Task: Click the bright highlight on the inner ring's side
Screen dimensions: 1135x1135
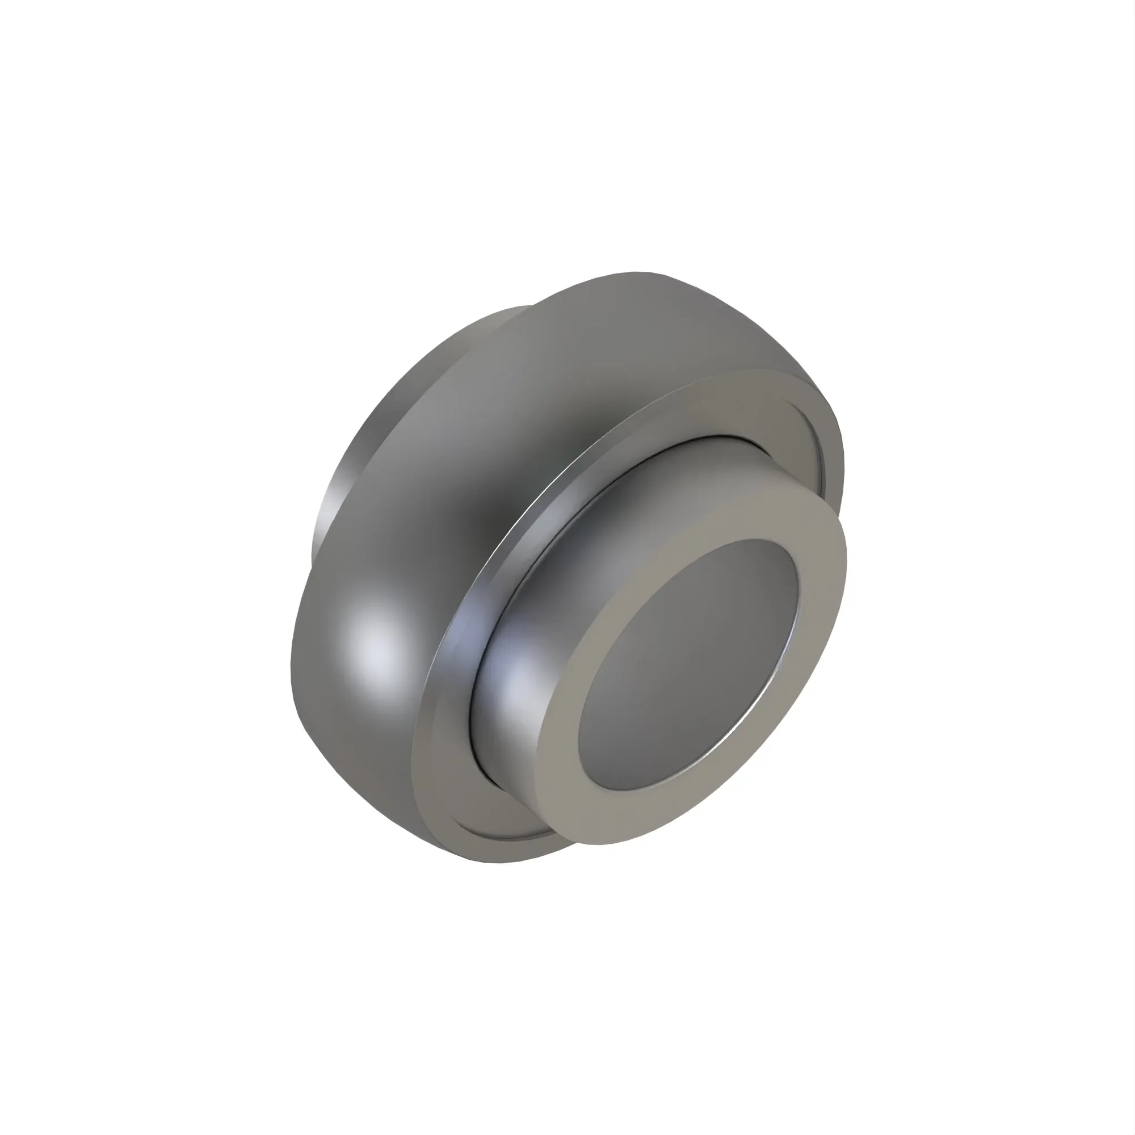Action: tap(520, 682)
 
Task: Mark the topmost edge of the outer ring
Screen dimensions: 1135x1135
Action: tap(637, 272)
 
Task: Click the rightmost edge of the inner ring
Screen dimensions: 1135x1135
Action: tap(847, 564)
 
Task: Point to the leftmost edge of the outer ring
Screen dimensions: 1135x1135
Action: tap(291, 675)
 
